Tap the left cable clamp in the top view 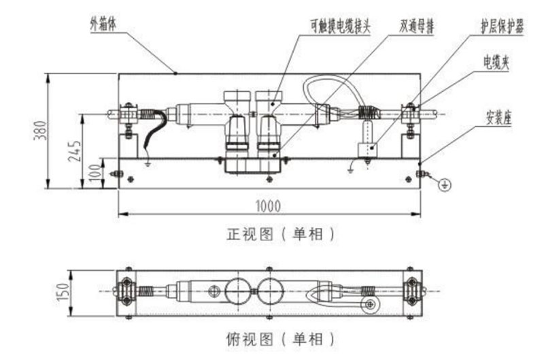[x=126, y=291]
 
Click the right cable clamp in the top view [x=411, y=291]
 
